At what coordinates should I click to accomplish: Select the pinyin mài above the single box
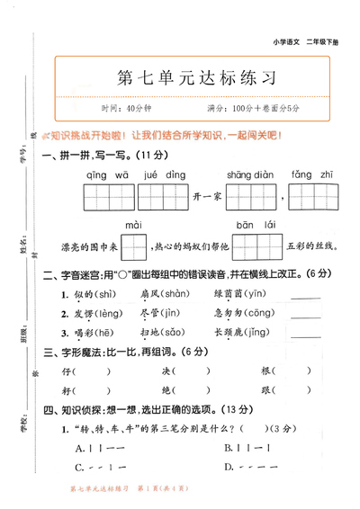point(133,223)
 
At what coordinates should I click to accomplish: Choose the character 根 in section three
point(266,371)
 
